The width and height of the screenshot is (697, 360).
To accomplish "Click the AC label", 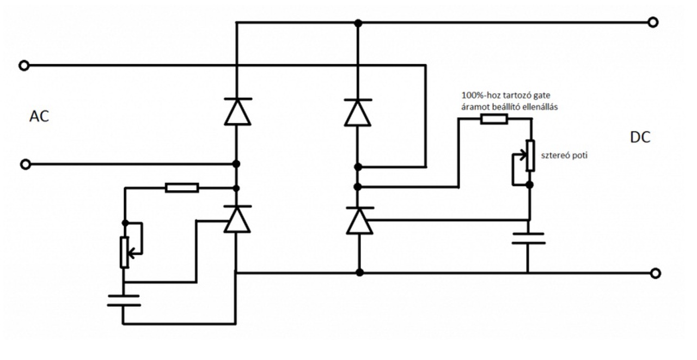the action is point(39,117).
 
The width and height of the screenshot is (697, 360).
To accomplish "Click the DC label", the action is point(640,137).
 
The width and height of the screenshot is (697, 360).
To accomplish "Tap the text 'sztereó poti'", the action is point(564,155).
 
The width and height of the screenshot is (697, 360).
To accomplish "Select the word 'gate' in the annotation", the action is point(542,95).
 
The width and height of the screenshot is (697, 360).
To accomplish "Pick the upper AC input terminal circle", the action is point(24,66).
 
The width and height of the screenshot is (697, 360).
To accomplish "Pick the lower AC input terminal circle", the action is point(26,164).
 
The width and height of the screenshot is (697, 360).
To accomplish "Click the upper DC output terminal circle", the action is point(653,22).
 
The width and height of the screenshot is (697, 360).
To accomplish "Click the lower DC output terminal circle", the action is point(655,273).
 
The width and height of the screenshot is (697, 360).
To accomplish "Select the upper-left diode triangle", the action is point(237,112).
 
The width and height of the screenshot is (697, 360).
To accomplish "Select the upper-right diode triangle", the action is point(358,113).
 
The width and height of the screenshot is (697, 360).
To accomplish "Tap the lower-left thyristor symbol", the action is point(237,219).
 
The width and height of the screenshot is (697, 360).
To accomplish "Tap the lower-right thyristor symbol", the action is point(360,221).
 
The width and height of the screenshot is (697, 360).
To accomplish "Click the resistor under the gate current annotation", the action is point(494,119).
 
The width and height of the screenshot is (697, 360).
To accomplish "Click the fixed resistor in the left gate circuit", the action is point(182,187).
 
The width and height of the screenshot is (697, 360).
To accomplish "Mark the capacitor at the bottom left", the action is point(124,301).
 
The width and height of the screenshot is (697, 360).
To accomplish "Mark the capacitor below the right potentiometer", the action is point(528,239).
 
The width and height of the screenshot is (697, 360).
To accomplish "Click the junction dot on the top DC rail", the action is point(358,23).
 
